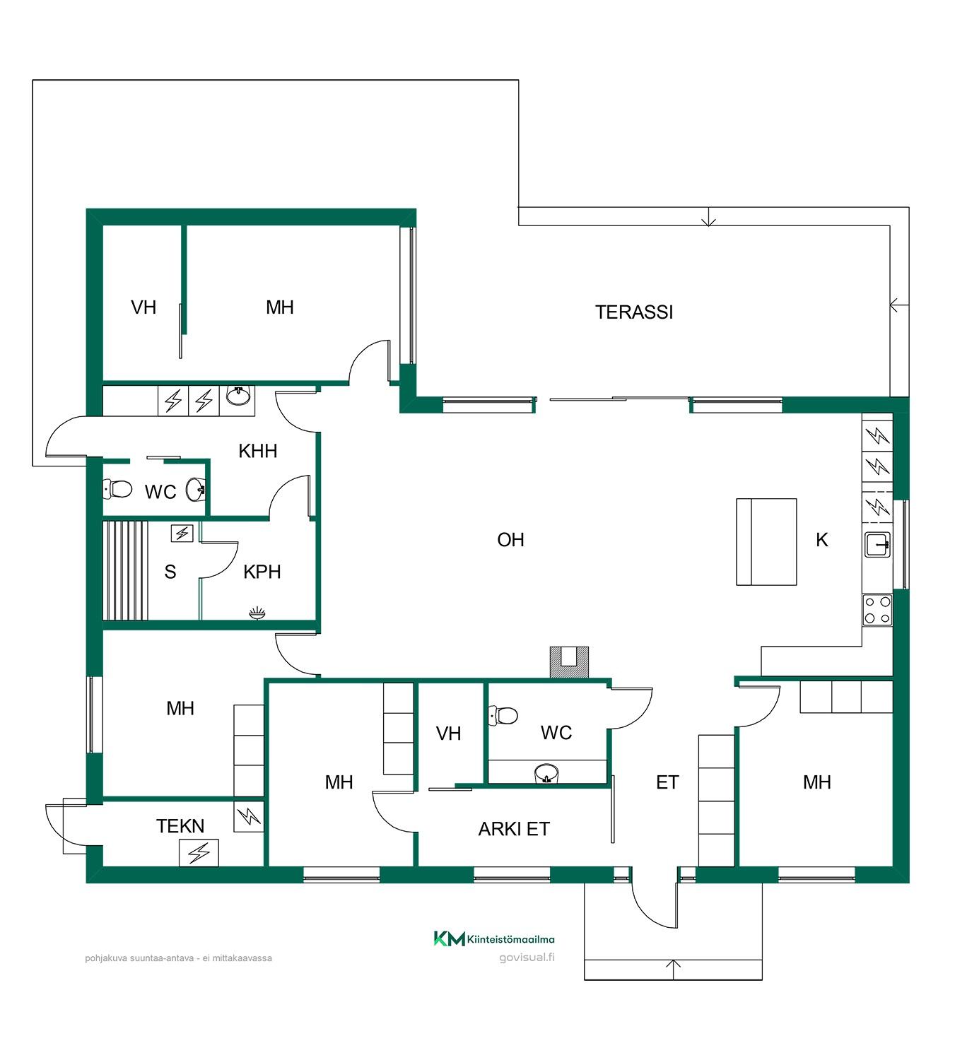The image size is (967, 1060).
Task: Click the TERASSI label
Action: (634, 312)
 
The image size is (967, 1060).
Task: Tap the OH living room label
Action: (511, 540)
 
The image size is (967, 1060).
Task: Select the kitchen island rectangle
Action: (766, 541)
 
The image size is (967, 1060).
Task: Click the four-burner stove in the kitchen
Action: (878, 610)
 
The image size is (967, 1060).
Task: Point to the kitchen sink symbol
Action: (878, 544)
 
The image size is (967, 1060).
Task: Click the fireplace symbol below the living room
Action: (569, 663)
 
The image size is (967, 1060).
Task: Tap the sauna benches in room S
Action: (125, 571)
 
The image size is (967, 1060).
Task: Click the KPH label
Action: (262, 572)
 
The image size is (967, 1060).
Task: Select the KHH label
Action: (257, 452)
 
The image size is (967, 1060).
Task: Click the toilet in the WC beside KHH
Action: (117, 489)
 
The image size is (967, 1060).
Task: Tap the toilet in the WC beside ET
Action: (503, 715)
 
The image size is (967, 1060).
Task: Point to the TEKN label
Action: (180, 826)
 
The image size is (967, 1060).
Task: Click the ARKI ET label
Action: (514, 829)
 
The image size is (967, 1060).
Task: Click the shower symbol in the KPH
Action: (257, 613)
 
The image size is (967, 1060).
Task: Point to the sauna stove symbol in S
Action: (182, 533)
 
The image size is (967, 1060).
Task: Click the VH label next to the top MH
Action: (143, 307)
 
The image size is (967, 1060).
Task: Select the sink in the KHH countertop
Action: (238, 395)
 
